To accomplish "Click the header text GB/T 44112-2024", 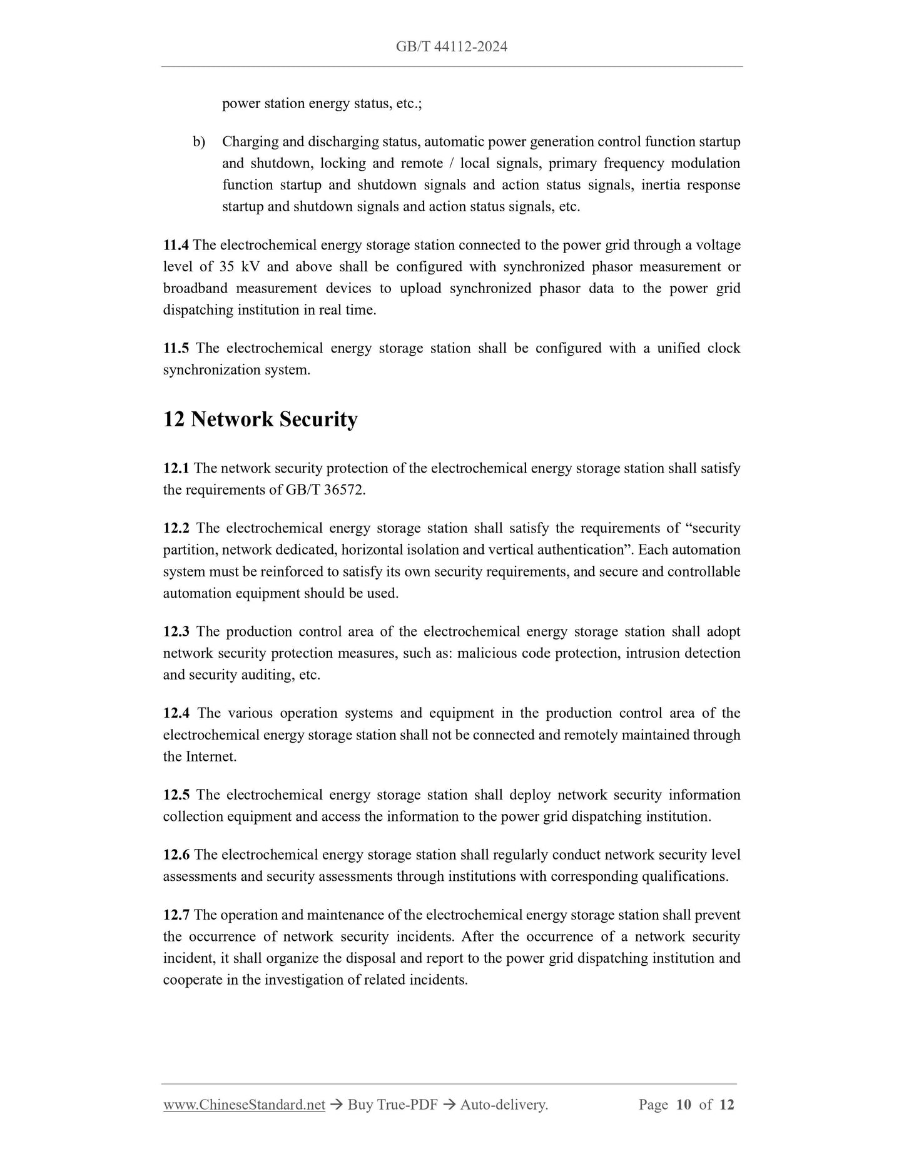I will (x=451, y=46).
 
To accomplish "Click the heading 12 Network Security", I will (x=260, y=419).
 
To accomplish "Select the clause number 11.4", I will (x=176, y=245).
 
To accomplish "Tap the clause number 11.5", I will (x=176, y=348).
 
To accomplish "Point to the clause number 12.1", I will (x=176, y=468).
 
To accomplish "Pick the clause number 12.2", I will (x=176, y=528).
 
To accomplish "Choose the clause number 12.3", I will (x=176, y=631).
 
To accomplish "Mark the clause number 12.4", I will (x=176, y=713).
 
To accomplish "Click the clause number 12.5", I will (x=176, y=795).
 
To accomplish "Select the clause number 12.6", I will (x=176, y=855).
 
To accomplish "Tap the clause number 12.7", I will (x=176, y=915).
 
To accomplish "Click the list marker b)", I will (x=199, y=142).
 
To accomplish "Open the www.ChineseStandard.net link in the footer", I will (x=244, y=1105).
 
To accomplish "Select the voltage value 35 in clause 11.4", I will (x=226, y=267).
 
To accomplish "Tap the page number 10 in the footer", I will (x=683, y=1105).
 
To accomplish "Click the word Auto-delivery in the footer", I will (x=503, y=1105).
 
